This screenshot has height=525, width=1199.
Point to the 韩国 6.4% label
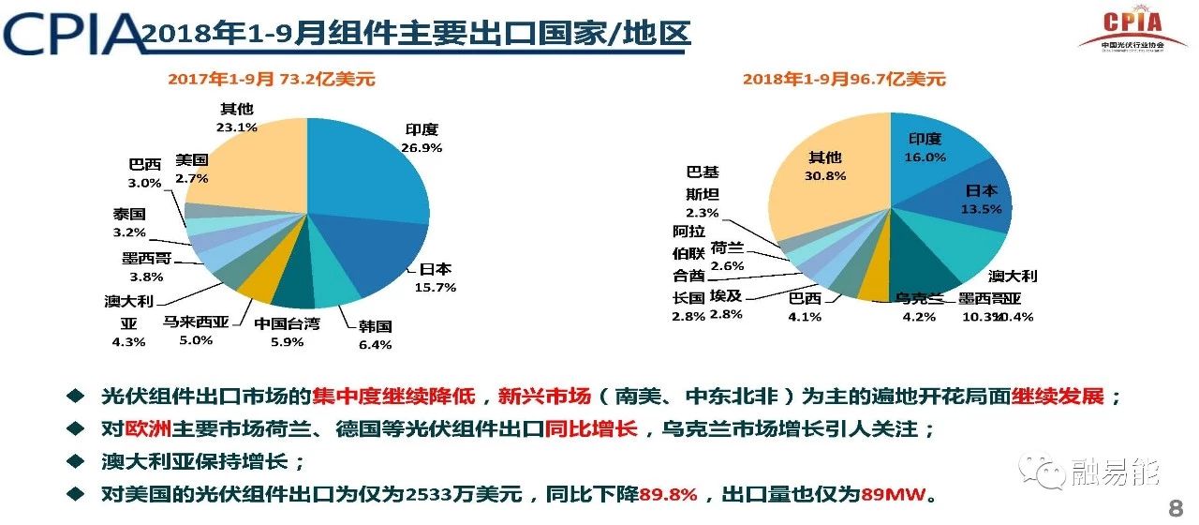tap(375, 336)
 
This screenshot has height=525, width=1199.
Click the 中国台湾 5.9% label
tap(287, 333)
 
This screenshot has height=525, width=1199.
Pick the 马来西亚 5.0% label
tap(196, 330)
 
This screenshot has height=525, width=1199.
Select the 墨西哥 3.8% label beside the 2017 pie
tap(146, 267)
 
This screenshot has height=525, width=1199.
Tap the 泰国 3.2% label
tap(129, 222)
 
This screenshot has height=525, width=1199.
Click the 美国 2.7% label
tap(191, 169)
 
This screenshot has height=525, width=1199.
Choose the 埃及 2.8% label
tap(726, 304)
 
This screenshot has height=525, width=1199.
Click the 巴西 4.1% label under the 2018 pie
tap(805, 307)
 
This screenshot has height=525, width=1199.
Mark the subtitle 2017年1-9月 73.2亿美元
tap(272, 80)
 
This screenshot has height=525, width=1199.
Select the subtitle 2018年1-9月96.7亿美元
tap(844, 80)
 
